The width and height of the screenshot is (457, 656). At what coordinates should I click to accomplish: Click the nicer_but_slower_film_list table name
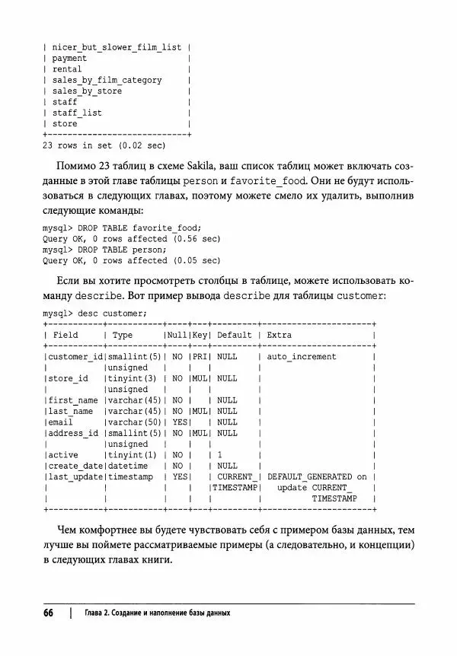(x=117, y=47)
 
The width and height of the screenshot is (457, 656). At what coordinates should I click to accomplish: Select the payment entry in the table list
(x=69, y=58)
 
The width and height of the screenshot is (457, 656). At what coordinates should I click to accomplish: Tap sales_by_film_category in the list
(x=107, y=80)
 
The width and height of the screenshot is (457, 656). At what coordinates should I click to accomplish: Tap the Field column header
(x=66, y=335)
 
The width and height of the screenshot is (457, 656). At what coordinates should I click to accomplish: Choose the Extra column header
(x=280, y=335)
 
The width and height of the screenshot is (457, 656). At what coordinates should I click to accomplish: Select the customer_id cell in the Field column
(x=75, y=356)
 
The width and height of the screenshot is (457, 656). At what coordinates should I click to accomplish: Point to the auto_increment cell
(x=302, y=356)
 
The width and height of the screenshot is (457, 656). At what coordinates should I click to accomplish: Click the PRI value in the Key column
(x=199, y=356)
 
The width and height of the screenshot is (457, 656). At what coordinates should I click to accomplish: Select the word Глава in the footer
(x=97, y=613)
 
